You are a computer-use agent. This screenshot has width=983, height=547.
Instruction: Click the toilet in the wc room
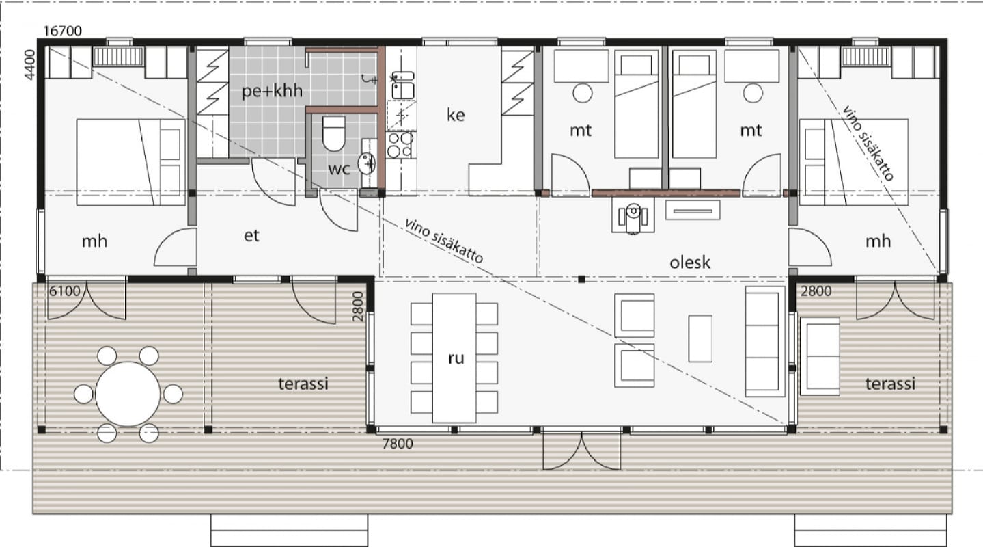point(333,133)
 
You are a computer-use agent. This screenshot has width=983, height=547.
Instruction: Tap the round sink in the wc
point(366,163)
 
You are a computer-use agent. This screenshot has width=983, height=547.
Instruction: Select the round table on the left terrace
point(128,394)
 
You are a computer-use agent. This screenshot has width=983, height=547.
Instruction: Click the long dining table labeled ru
point(454,358)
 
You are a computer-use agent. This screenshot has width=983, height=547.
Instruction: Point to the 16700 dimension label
point(63,31)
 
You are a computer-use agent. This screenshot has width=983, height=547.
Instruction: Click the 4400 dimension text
point(29,65)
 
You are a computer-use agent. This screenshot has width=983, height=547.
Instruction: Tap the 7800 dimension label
point(398,444)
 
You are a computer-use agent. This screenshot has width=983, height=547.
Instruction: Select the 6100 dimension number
point(64,291)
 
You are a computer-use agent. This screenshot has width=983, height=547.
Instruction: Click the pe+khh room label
point(272,91)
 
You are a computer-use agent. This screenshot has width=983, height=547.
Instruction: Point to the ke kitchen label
point(456,115)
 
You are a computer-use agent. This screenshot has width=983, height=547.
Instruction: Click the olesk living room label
point(690,263)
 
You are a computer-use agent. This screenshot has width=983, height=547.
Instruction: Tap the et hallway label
point(251,236)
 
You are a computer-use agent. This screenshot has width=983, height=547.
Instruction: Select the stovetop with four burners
point(400,145)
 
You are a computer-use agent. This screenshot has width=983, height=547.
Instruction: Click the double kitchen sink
point(402,85)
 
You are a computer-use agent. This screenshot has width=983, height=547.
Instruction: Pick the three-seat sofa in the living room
point(765,341)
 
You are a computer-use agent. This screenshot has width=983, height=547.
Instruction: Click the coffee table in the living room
point(700,338)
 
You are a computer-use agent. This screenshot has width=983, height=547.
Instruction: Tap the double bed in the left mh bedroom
point(130,162)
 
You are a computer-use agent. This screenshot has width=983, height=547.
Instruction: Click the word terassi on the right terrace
point(890,384)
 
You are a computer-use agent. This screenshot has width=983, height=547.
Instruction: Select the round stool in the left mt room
point(582,93)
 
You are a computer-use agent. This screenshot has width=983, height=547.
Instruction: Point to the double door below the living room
point(582,451)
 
